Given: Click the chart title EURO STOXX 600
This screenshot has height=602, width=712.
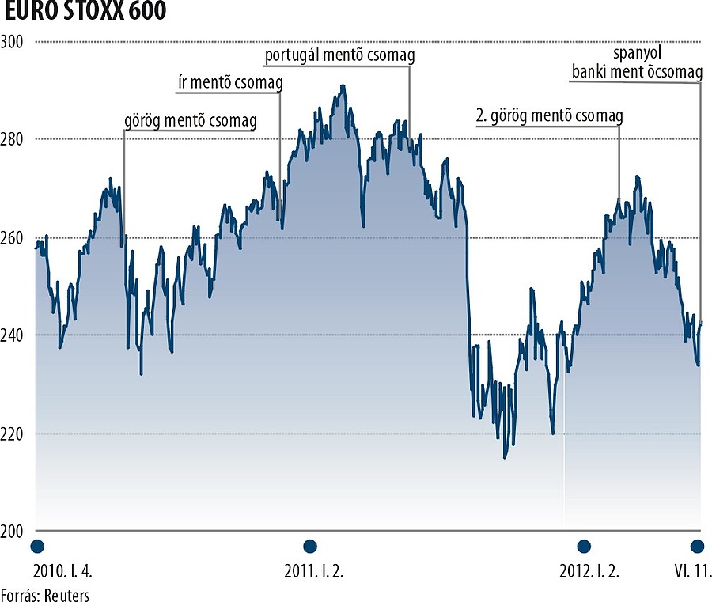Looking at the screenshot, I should [83, 13].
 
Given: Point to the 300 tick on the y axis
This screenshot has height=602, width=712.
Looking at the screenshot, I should [13, 41].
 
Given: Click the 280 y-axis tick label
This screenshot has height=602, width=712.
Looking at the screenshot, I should [13, 139].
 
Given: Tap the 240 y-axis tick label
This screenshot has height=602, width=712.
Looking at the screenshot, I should [13, 335].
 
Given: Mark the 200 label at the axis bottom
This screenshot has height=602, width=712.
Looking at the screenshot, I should [13, 532].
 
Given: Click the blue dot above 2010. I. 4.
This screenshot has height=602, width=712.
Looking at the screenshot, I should [36, 547].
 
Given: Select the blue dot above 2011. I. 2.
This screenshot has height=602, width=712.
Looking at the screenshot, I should [310, 547].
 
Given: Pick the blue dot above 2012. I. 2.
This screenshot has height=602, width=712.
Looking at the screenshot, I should [584, 547].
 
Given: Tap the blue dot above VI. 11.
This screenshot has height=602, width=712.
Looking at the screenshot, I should [697, 547].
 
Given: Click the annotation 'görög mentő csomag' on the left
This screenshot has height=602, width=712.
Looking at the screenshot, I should [202, 122].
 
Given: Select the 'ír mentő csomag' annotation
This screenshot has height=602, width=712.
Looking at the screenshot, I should [229, 83].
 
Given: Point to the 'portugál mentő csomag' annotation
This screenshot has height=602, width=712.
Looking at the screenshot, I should [339, 55].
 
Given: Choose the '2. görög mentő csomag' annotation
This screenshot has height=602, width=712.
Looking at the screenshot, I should [549, 115].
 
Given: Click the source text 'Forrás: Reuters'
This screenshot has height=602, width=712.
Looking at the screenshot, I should [45, 594].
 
